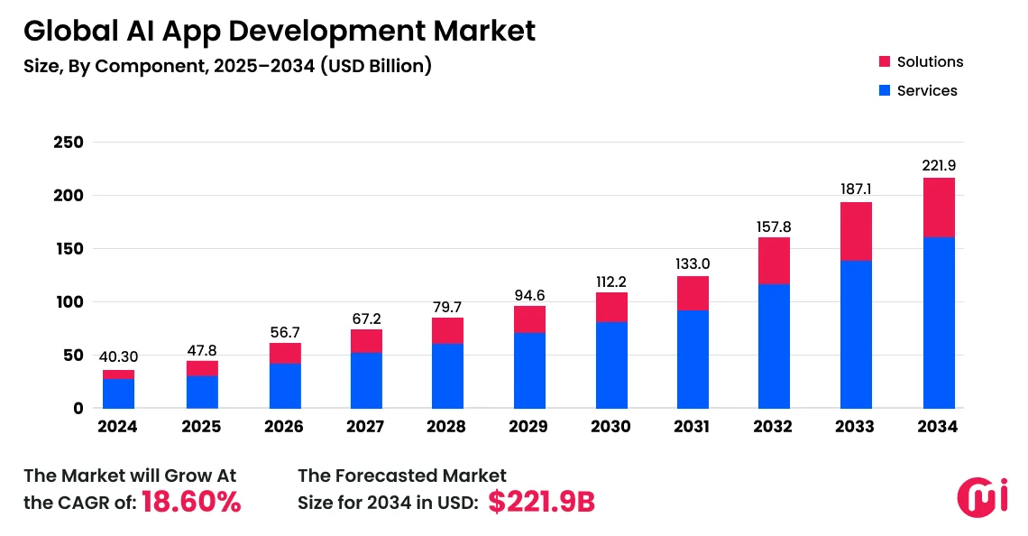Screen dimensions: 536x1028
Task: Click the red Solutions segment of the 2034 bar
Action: point(939,208)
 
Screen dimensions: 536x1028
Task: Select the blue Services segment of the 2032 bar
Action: point(775,347)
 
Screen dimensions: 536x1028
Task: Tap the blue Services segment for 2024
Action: point(119,393)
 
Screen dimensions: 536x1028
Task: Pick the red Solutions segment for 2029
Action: point(529,319)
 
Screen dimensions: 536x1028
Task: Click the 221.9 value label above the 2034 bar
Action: point(939,165)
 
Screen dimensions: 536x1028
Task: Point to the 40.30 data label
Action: point(119,357)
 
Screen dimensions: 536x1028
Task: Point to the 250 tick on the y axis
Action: point(69,143)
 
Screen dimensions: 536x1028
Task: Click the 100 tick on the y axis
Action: point(69,302)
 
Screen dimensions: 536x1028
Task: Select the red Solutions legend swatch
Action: point(885,61)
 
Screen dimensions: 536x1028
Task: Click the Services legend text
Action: point(927,90)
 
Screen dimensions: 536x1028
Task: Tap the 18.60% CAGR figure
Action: point(192,503)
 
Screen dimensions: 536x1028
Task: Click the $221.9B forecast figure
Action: point(541,503)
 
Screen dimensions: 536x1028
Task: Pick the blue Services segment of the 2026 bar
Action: point(284,385)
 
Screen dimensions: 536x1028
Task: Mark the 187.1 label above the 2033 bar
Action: point(856,189)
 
